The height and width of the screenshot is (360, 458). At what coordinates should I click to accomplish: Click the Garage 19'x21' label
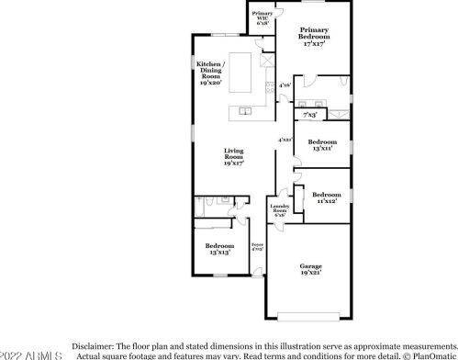(x=310, y=268)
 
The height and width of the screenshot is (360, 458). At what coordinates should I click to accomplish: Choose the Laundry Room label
(x=279, y=211)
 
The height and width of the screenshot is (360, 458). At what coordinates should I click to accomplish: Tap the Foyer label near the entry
(x=257, y=246)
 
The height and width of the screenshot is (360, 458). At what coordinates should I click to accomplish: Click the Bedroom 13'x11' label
(x=321, y=145)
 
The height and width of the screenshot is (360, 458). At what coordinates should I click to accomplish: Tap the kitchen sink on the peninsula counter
(x=246, y=111)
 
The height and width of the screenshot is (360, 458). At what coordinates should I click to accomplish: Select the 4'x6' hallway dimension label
(x=285, y=85)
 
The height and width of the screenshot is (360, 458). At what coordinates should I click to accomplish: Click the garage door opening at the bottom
(x=311, y=317)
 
